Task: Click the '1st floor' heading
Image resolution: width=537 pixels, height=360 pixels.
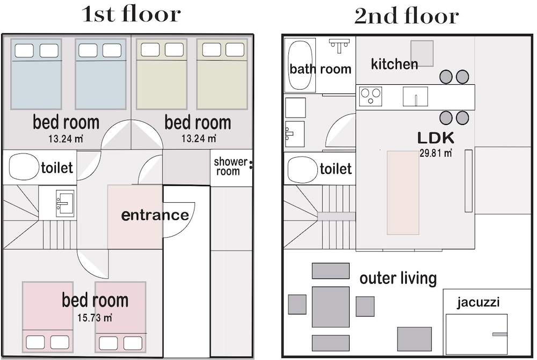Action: click(x=131, y=14)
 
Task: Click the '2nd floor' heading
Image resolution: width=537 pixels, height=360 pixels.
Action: click(x=407, y=16)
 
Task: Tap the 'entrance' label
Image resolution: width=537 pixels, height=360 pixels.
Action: click(x=155, y=215)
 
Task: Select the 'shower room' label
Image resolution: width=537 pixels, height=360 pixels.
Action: click(x=230, y=166)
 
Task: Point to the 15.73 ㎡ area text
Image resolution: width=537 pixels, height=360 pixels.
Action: click(x=95, y=318)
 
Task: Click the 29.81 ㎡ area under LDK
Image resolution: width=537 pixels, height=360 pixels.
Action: click(x=436, y=152)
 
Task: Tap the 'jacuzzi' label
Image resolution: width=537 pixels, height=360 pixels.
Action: click(x=478, y=303)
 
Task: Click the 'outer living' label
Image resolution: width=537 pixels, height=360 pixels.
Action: click(x=398, y=278)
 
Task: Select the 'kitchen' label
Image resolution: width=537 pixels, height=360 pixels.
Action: click(x=395, y=64)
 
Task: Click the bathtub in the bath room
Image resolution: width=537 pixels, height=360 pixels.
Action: click(x=300, y=65)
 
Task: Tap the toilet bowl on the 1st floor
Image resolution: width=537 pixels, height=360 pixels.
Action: click(x=24, y=167)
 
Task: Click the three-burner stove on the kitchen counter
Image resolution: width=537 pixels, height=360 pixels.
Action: click(x=371, y=96)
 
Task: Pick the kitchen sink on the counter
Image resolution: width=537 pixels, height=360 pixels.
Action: click(x=415, y=97)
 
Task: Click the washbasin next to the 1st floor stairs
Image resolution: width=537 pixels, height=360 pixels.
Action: click(x=65, y=203)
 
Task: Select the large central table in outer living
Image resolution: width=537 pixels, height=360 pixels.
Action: click(x=330, y=307)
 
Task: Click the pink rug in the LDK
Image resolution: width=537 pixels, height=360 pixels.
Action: click(x=403, y=193)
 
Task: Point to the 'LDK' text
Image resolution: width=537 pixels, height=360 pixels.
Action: click(x=436, y=138)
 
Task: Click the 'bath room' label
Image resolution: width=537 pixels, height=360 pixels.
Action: click(x=320, y=69)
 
